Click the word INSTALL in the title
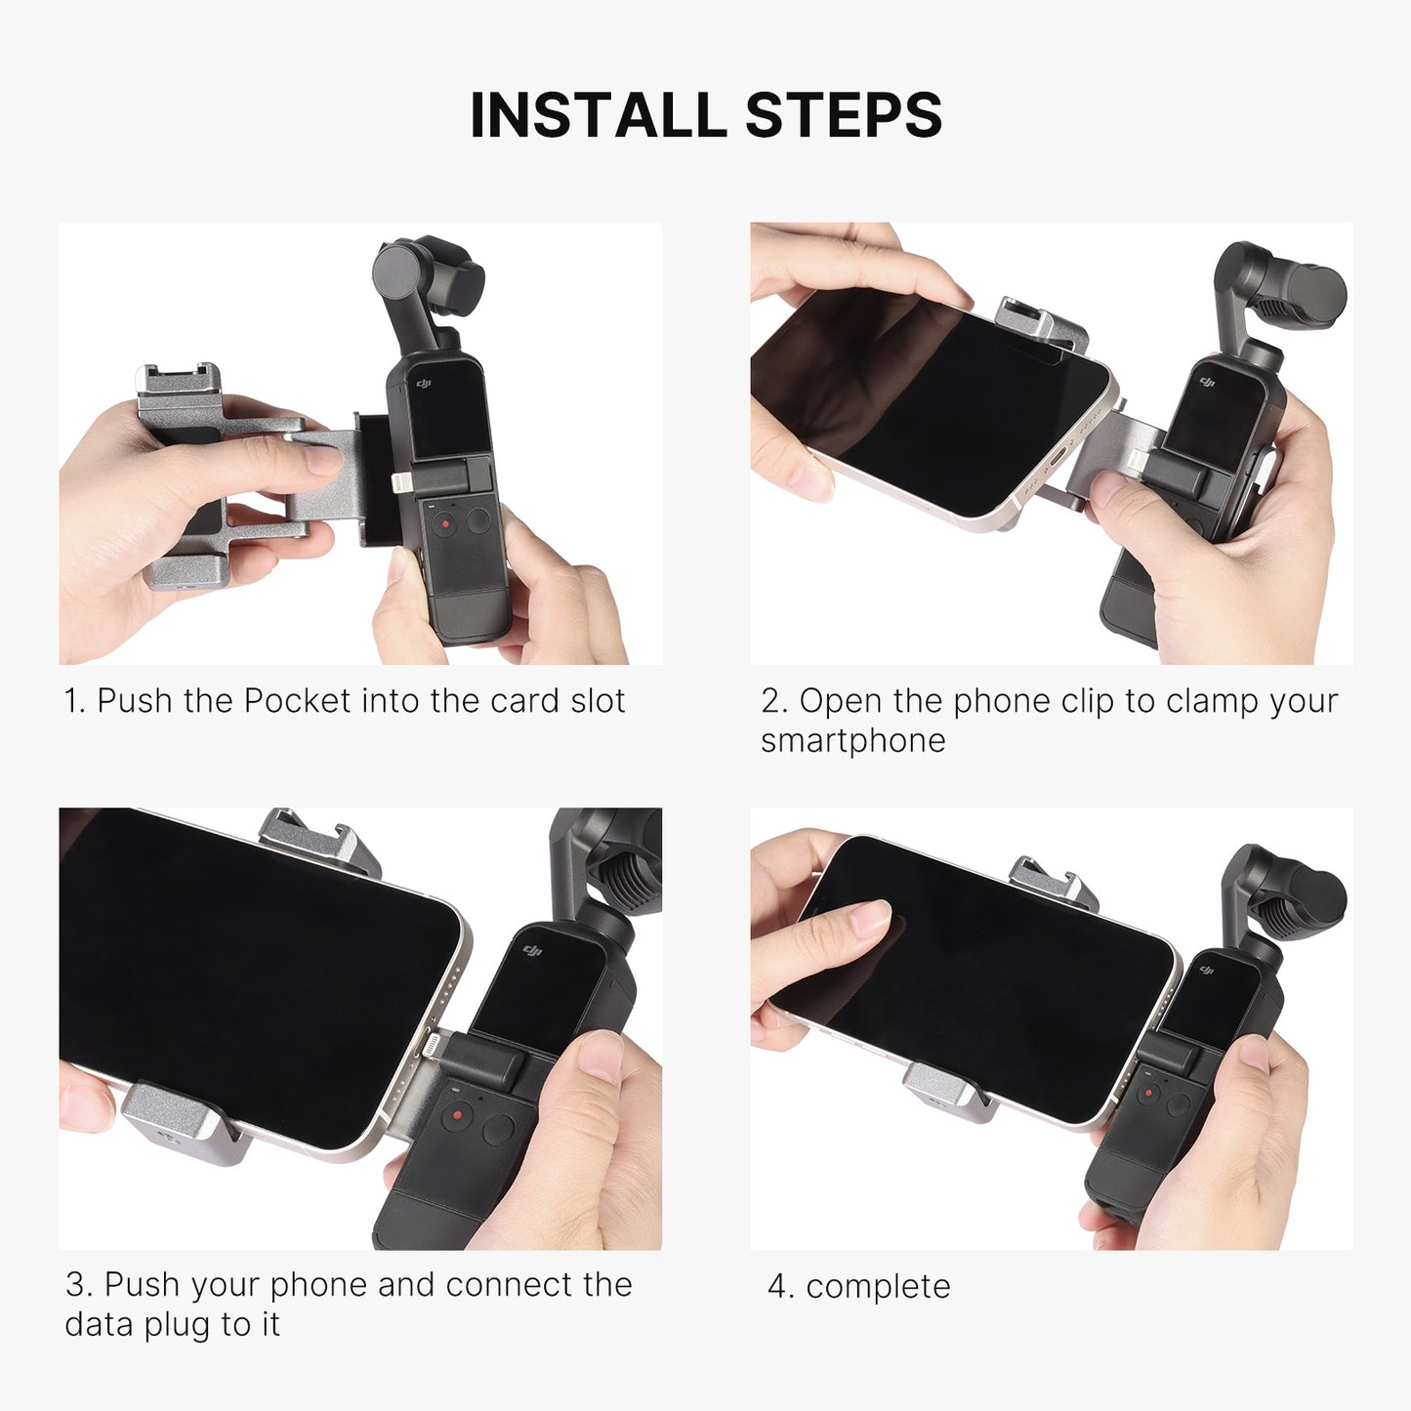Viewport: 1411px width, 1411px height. coord(598,115)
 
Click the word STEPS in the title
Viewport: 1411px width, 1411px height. coord(843,115)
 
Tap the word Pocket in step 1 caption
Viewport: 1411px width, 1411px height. coord(297,701)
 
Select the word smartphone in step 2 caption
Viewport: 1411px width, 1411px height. coord(853,741)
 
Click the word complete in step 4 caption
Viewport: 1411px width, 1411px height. coord(878,1287)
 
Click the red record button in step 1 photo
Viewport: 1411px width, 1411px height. coord(444,523)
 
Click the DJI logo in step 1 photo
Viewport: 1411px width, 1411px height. coord(424,384)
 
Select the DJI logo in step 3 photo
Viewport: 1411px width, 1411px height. coord(531,950)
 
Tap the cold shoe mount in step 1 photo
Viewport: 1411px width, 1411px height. coord(177,383)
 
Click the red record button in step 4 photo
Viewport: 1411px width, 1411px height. coord(1148,1094)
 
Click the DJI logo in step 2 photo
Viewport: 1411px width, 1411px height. coord(1208,382)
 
